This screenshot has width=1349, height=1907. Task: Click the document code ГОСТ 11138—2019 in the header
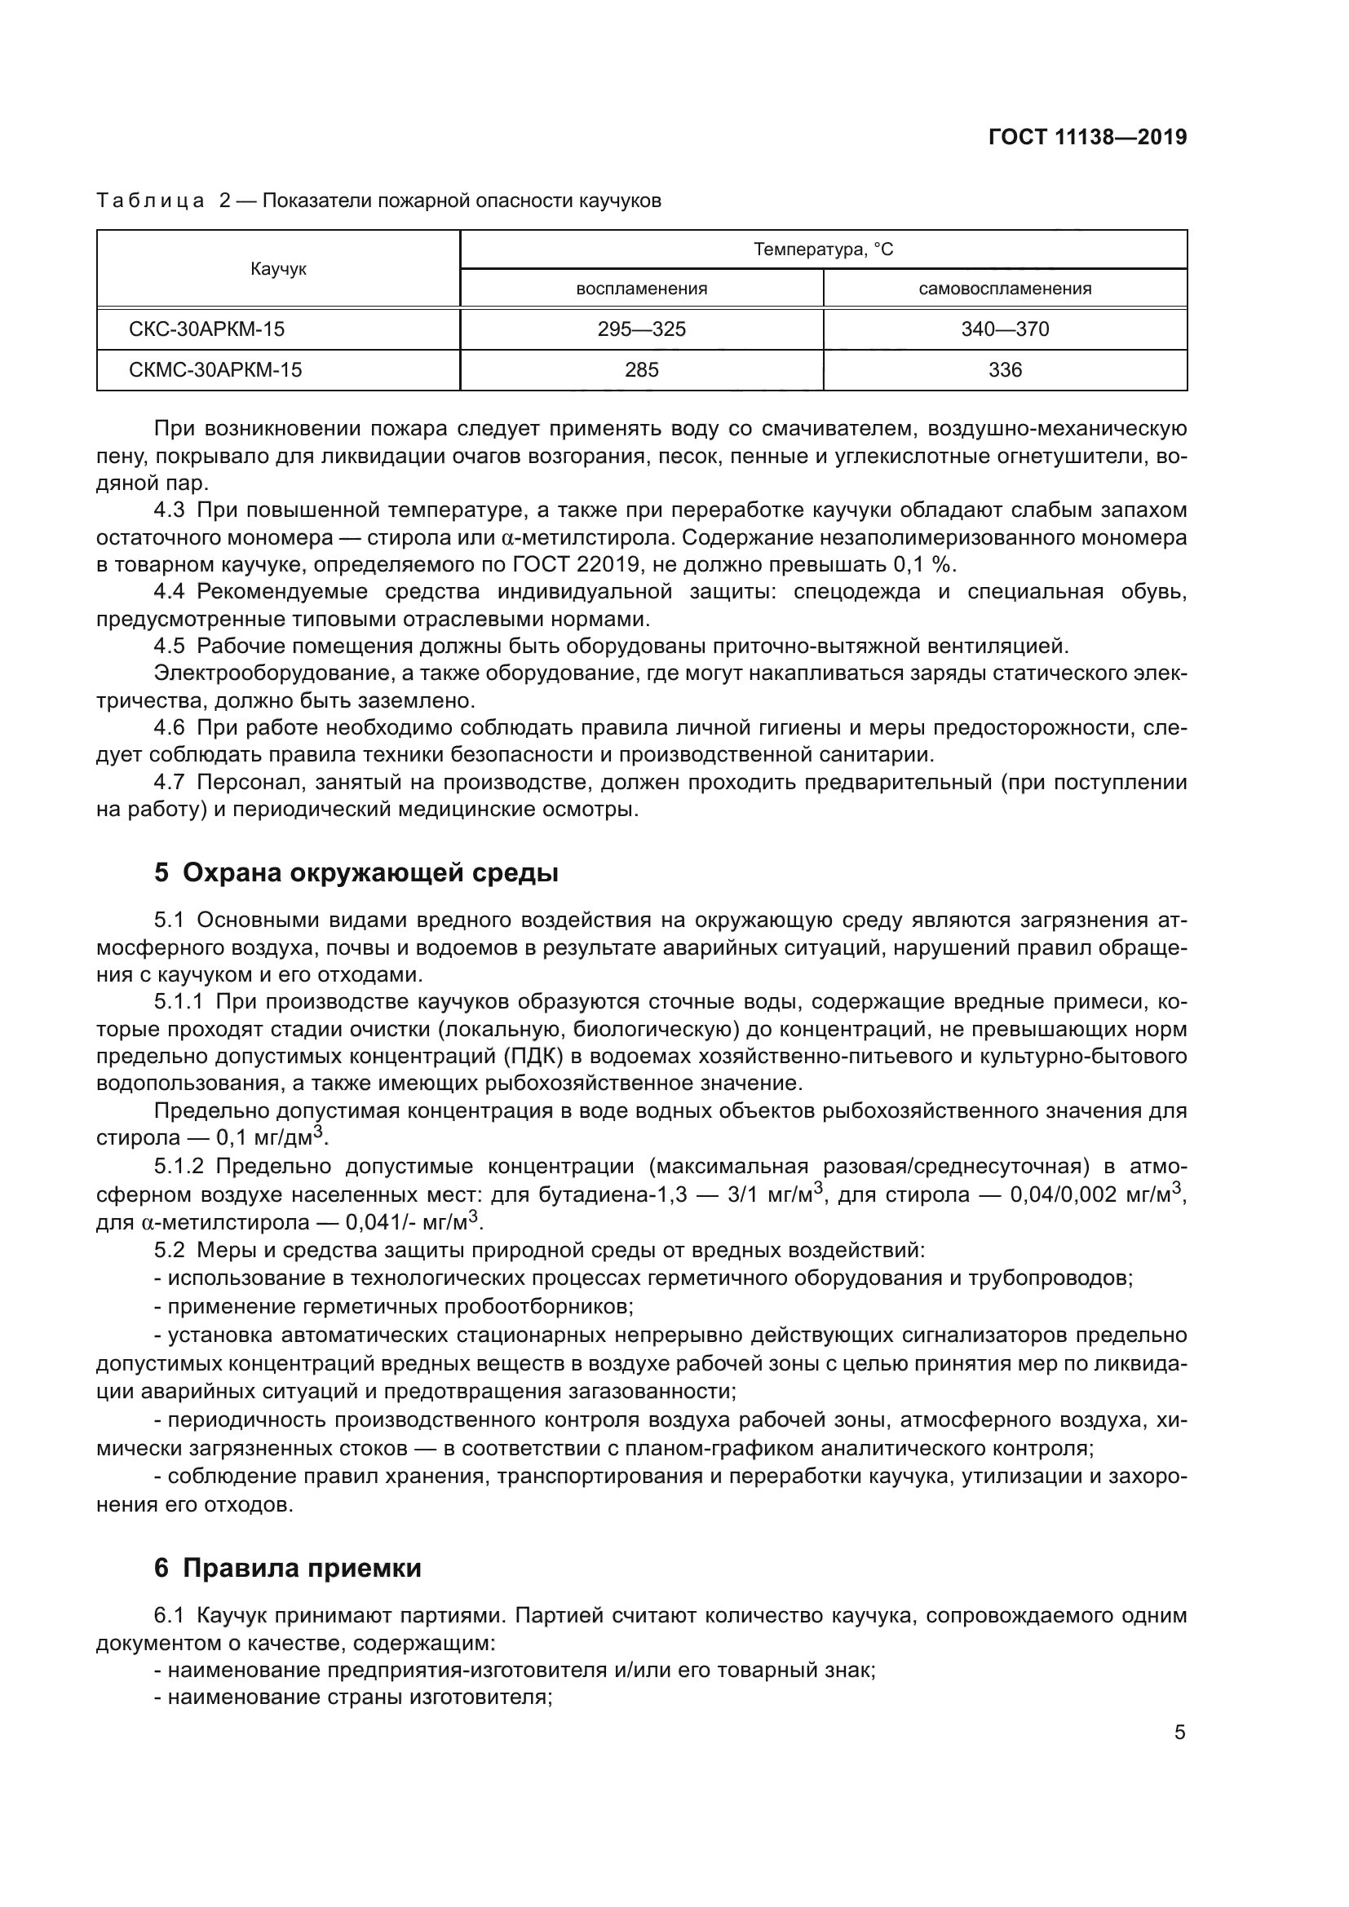(1087, 138)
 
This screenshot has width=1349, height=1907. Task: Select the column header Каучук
(278, 269)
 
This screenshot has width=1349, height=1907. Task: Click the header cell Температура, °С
(823, 249)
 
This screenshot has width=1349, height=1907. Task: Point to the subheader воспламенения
(641, 289)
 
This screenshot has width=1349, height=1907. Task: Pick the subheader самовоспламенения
(1004, 289)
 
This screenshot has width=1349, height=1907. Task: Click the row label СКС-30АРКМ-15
(206, 329)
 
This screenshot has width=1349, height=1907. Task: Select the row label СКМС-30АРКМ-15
(215, 370)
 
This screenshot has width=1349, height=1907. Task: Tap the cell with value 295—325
(641, 329)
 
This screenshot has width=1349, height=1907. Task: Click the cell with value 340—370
(1004, 329)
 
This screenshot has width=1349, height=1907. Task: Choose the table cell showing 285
(641, 370)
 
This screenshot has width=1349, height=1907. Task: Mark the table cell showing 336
(1004, 370)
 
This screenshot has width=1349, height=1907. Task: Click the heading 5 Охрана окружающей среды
(356, 873)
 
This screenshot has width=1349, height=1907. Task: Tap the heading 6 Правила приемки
(287, 1568)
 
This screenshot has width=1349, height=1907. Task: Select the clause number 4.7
(170, 783)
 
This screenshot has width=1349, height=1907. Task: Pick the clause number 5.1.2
(179, 1167)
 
